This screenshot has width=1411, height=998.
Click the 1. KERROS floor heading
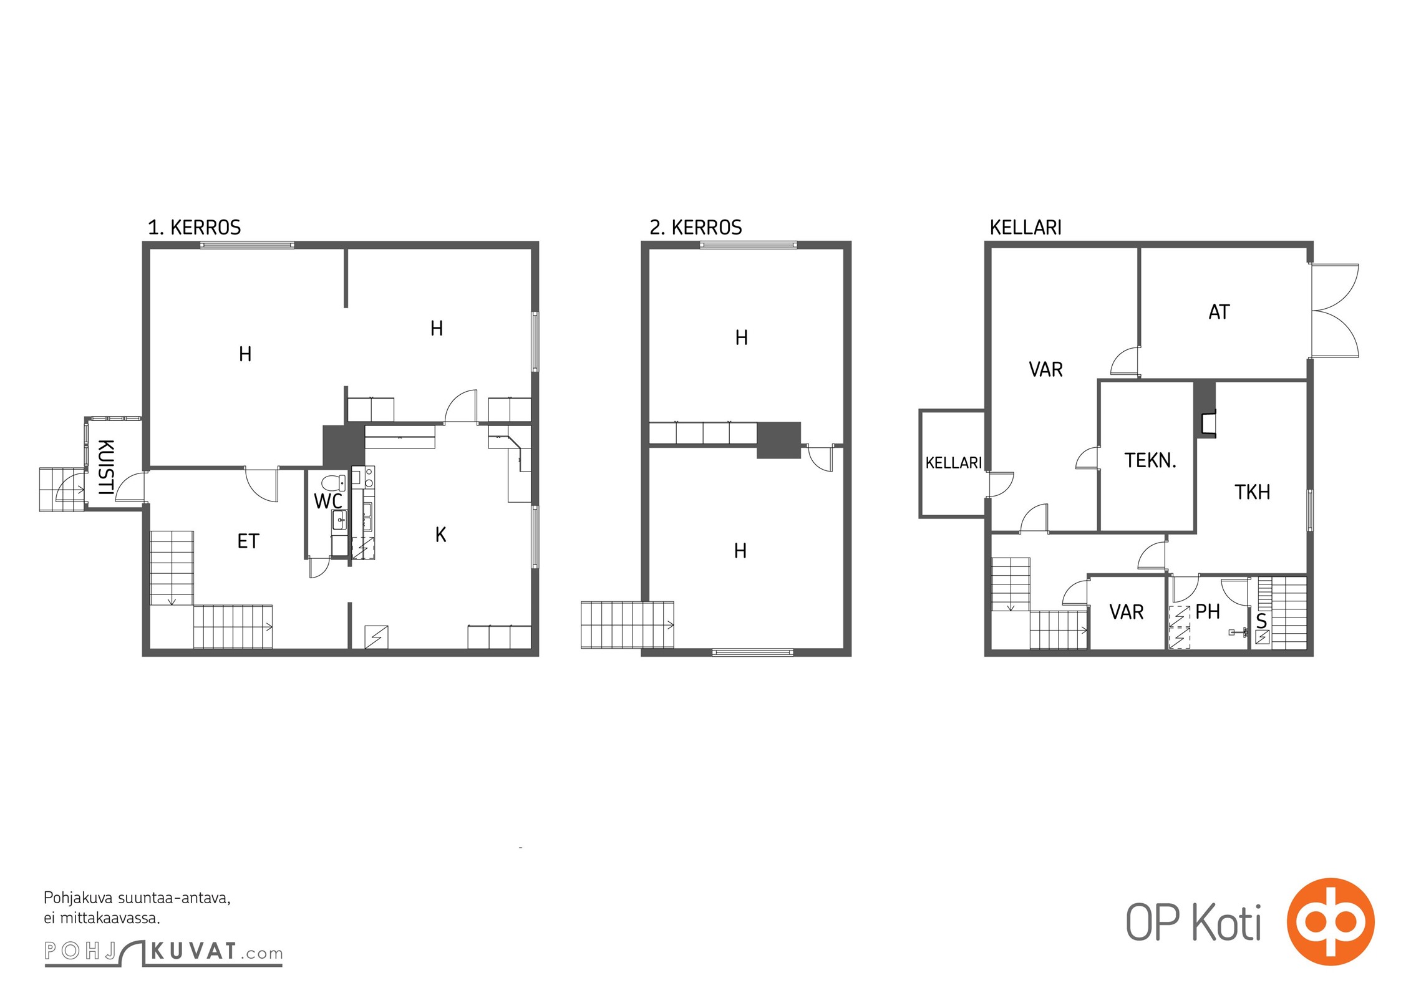(194, 228)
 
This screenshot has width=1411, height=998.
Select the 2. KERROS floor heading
(696, 228)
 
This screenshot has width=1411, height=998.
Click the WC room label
(328, 501)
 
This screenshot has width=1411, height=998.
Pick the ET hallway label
(248, 541)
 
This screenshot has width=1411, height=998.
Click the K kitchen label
(441, 535)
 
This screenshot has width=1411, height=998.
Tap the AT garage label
(1219, 312)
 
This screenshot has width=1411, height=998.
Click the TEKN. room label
(1150, 461)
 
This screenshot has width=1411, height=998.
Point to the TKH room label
(1252, 492)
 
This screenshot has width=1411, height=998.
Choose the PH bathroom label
(1208, 612)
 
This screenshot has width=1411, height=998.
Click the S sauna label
(1261, 621)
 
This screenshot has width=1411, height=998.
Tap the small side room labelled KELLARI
(953, 463)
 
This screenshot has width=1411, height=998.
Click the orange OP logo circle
(1331, 921)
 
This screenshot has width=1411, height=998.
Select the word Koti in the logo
(1226, 923)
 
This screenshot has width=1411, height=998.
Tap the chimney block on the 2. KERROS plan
(778, 440)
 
